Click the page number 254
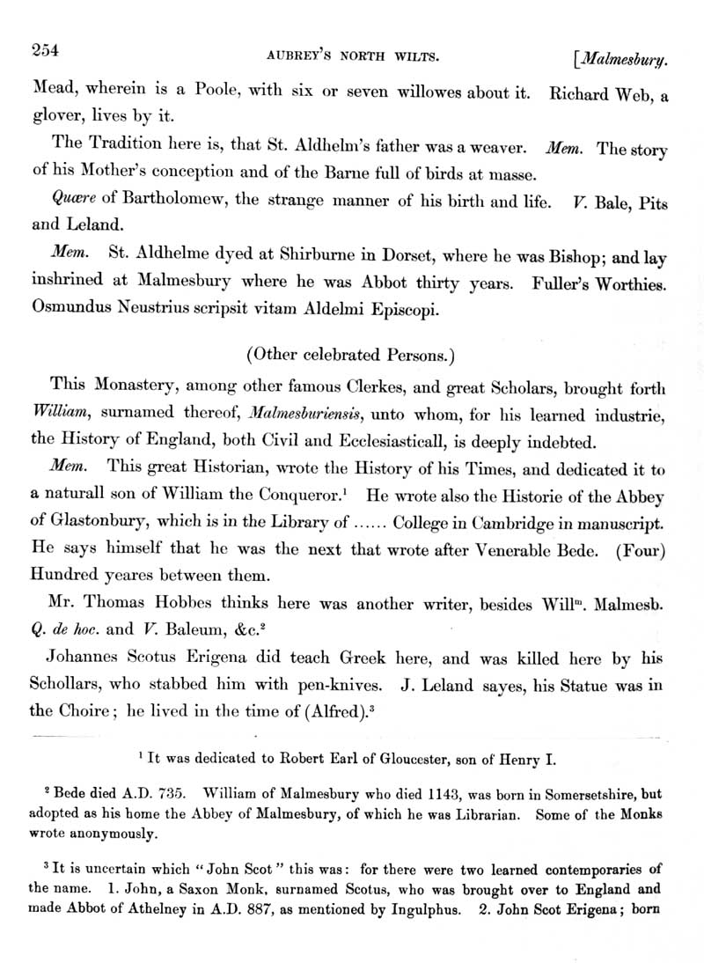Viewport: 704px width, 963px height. (44, 51)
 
